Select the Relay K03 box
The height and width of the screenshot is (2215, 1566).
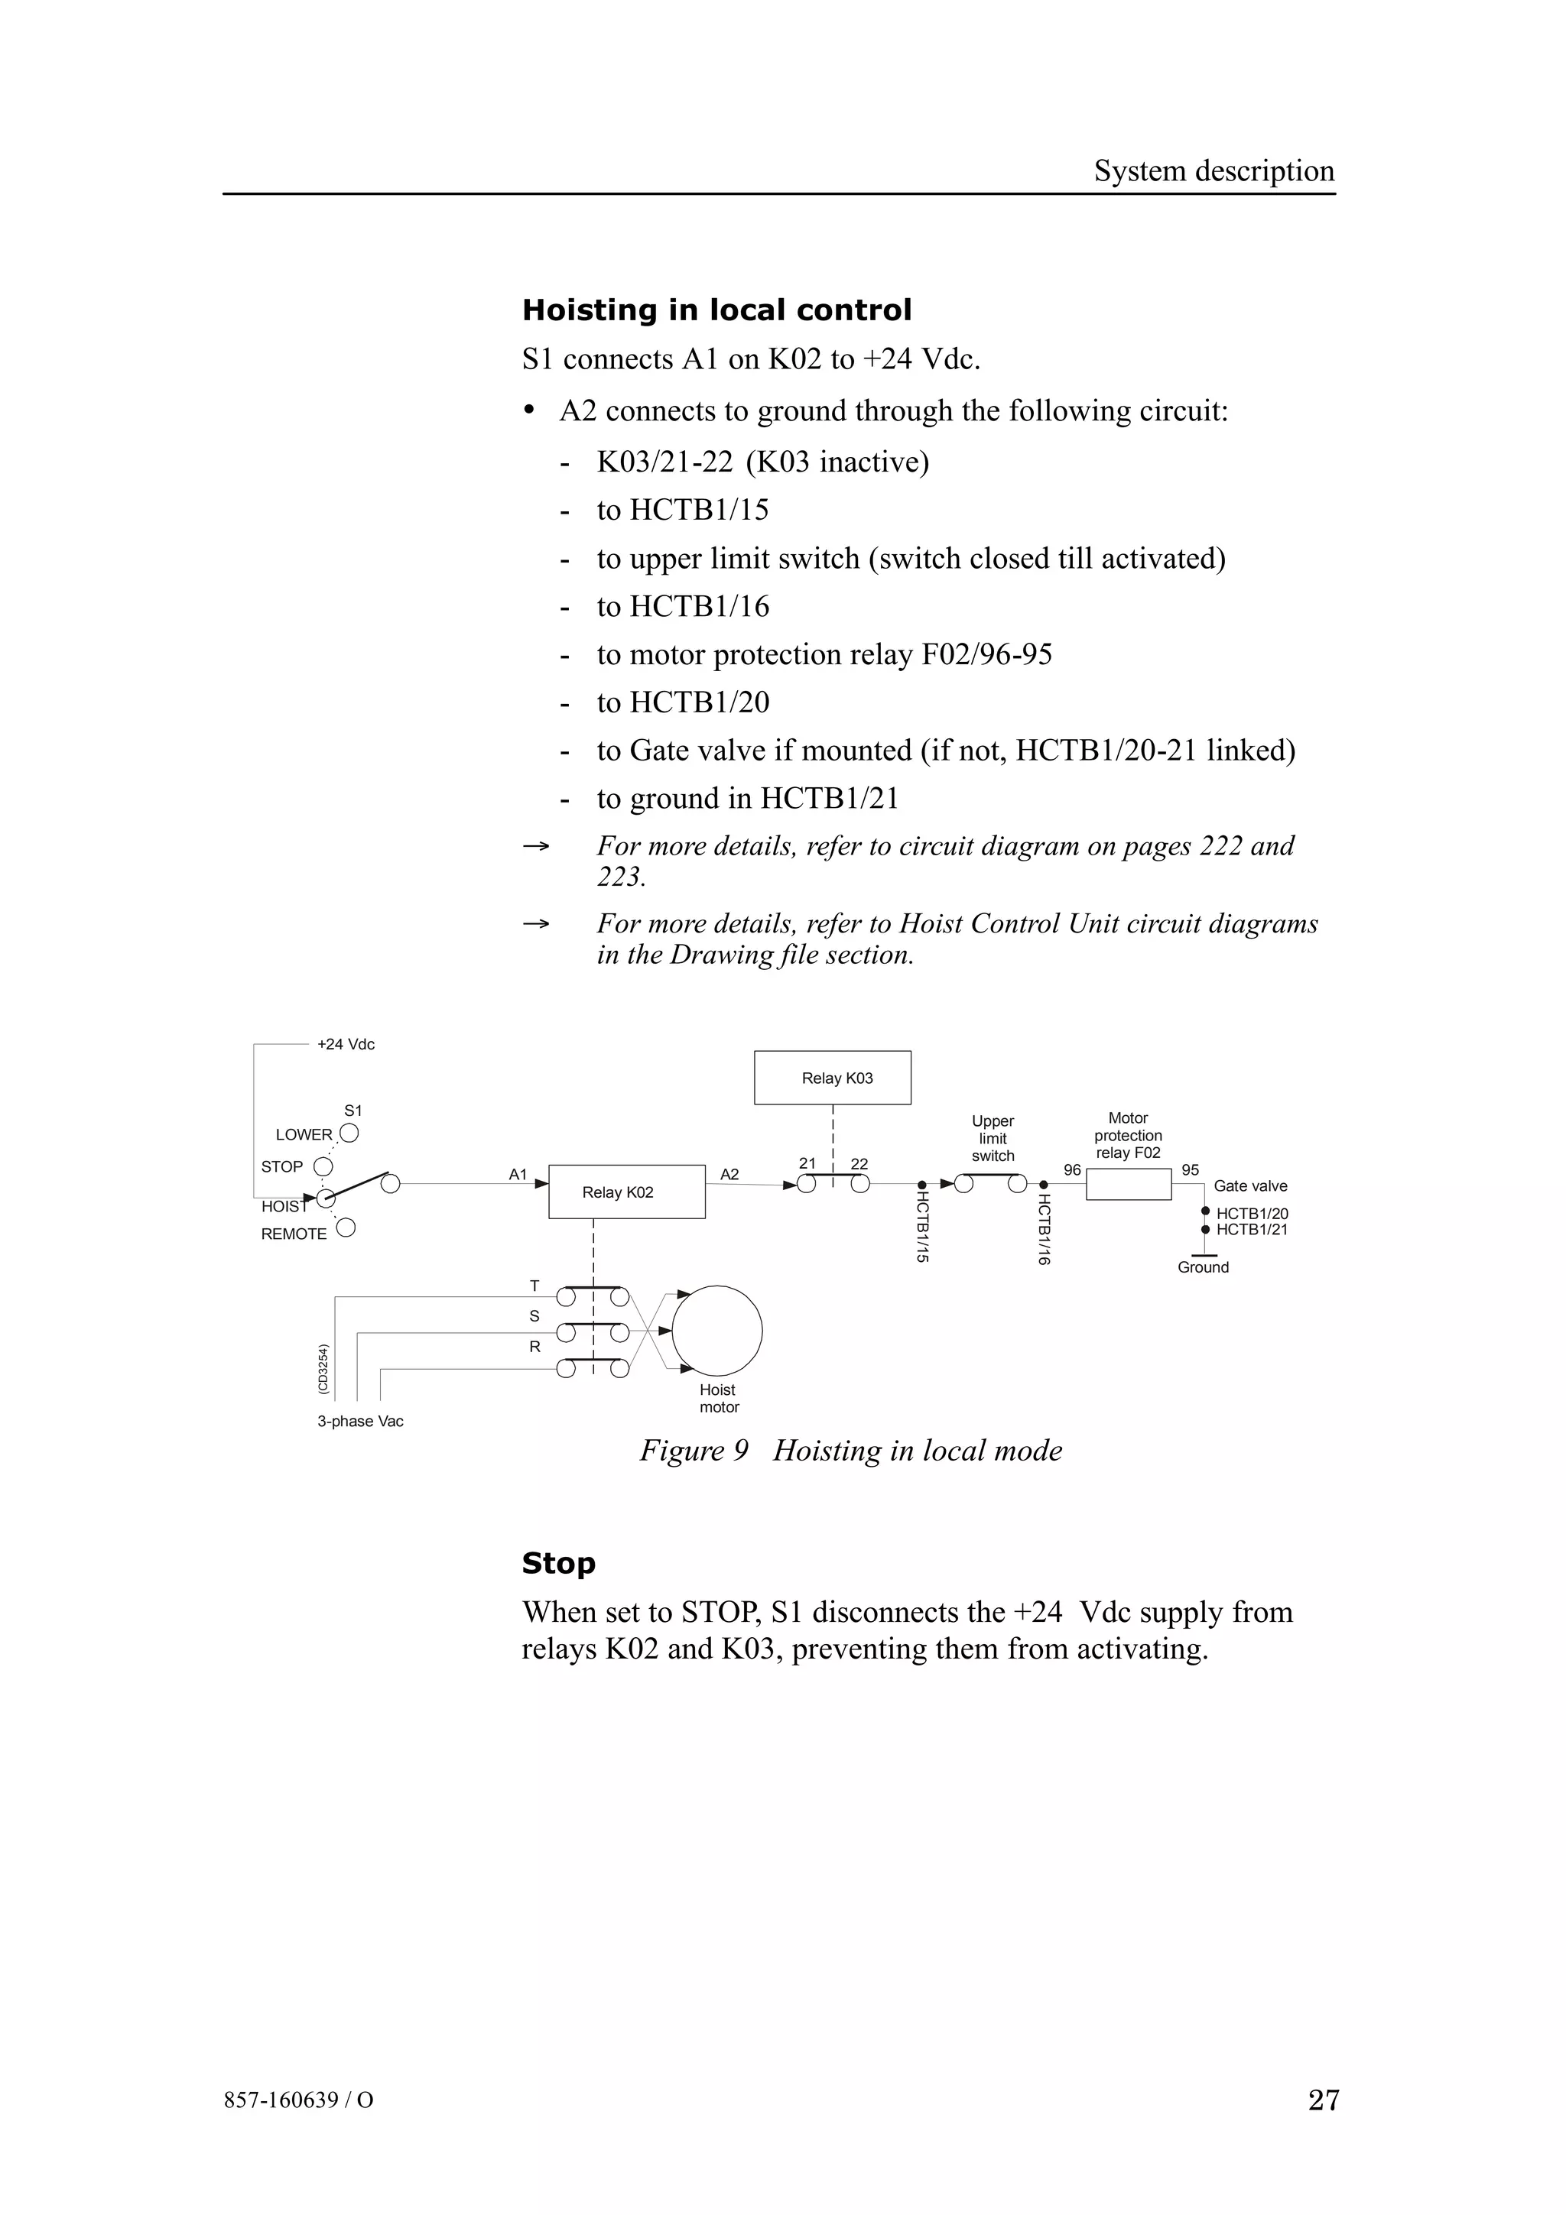832,1078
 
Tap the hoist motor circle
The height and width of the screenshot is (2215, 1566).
717,1331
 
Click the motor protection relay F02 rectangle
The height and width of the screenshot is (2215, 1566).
1128,1184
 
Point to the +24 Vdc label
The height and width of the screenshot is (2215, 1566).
346,1044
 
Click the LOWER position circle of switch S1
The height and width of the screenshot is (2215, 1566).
349,1133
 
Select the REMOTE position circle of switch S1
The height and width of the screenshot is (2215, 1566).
346,1227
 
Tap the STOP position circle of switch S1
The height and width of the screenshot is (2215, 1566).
323,1166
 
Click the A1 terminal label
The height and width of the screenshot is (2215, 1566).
518,1174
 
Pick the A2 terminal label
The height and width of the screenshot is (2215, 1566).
729,1174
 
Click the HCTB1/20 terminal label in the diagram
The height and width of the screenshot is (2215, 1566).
1252,1214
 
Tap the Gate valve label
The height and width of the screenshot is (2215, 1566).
1249,1185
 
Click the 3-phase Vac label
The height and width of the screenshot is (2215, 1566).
360,1421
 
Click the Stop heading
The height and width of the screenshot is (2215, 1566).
559,1563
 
